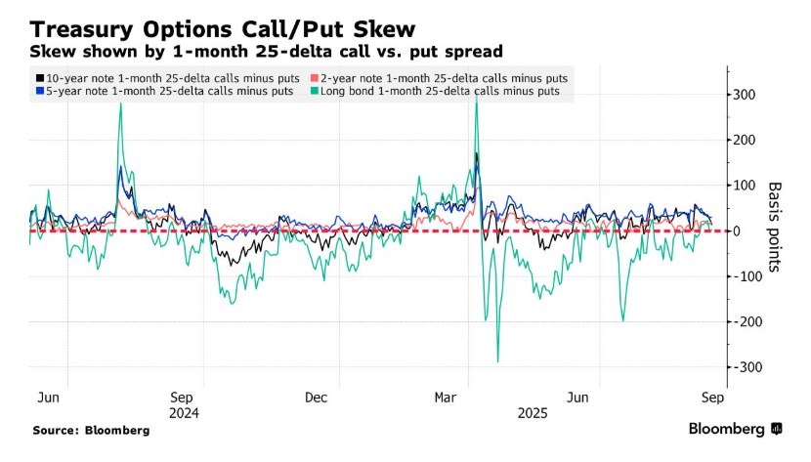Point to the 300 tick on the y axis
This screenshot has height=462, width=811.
(x=746, y=95)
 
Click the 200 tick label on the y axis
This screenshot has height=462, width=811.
(x=746, y=140)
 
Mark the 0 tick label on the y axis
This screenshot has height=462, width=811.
(x=739, y=231)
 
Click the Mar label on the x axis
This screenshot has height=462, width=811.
(x=447, y=399)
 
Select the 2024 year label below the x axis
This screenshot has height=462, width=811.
(x=185, y=413)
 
